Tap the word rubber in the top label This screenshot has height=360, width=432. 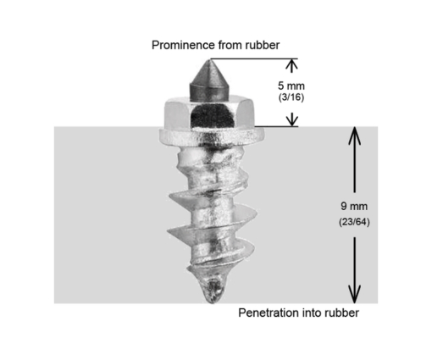pos(263,45)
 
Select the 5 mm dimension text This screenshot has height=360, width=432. pos(291,86)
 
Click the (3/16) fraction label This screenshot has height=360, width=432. pos(291,97)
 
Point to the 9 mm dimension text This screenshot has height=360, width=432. pos(354,206)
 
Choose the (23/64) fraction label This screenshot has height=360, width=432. pos(354,222)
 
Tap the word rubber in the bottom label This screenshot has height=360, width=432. pos(341,313)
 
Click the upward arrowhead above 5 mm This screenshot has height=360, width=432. pos(291,65)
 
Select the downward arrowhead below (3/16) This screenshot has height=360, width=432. pos(292,119)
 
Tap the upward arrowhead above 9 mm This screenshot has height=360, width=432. pos(354,136)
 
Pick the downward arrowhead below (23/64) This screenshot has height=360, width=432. pos(354,294)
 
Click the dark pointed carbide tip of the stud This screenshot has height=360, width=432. pos(209,81)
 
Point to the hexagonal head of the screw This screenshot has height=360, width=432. pos(209,113)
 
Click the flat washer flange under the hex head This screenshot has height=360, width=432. pos(212,137)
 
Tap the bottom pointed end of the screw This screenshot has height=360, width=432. pos(212,302)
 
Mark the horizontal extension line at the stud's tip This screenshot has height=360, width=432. pos(254,58)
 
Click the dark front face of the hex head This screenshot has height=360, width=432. pos(213,115)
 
